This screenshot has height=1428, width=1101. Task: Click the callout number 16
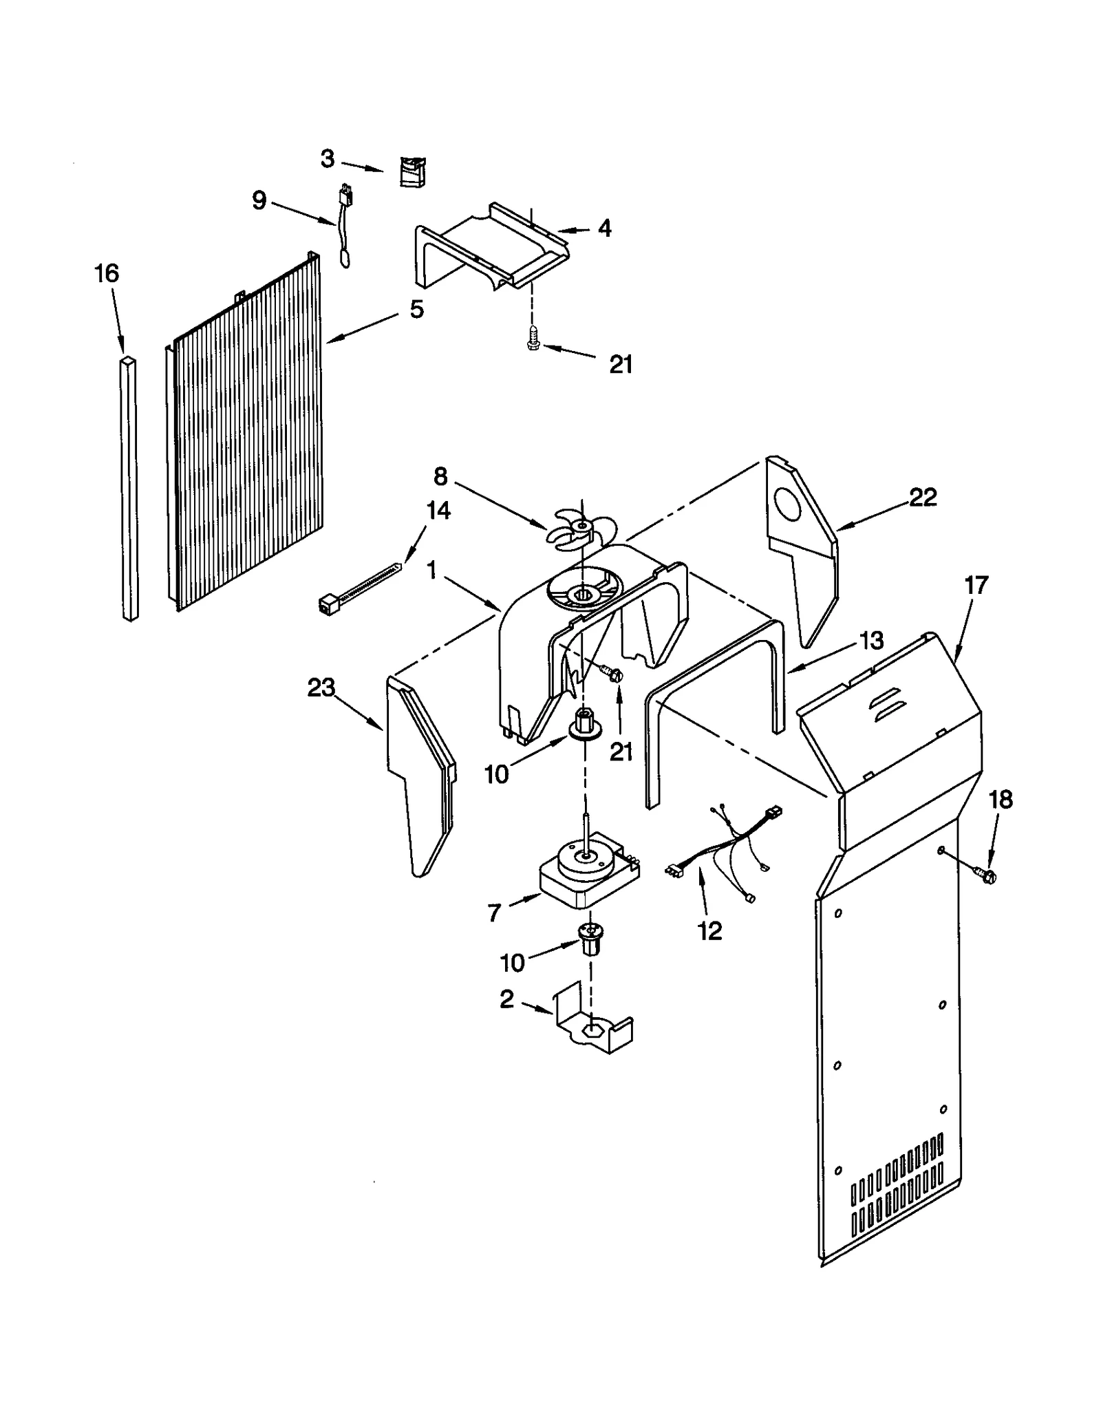[x=106, y=274]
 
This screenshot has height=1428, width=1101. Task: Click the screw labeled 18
[x=988, y=875]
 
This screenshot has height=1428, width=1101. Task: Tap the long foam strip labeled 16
[x=129, y=489]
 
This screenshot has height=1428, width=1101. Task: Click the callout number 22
[x=923, y=498]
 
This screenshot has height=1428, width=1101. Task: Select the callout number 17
[x=976, y=586]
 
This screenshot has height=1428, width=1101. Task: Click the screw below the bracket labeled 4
[x=532, y=339]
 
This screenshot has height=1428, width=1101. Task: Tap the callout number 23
[x=321, y=688]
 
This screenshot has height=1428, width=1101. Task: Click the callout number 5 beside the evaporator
[x=416, y=310]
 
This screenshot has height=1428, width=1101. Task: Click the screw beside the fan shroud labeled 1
[x=611, y=672]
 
